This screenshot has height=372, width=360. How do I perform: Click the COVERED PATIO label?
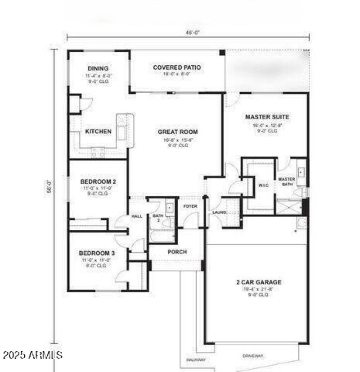point(177,68)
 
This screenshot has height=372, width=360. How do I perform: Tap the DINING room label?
point(98,68)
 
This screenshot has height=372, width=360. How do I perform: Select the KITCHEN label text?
point(98,132)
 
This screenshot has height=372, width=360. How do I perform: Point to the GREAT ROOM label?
point(178,132)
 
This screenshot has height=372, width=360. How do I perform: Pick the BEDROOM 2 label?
point(98,181)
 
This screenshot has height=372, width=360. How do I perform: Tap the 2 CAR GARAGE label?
point(259,282)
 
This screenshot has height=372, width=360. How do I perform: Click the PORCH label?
point(177,252)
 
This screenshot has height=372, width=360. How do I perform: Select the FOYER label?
point(190,206)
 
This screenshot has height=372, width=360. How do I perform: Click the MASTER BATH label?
point(287,181)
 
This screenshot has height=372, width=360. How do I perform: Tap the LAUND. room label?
point(219,212)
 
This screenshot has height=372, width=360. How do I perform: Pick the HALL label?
point(137,217)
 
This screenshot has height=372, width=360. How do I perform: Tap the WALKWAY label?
point(196,359)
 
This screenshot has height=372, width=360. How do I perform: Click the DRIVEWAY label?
point(253,356)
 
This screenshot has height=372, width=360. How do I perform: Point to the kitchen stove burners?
point(98,153)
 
